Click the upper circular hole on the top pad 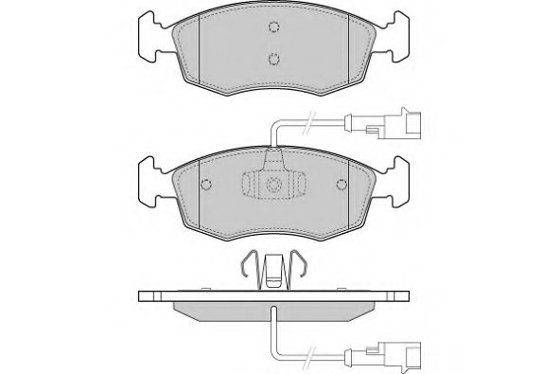(273, 27)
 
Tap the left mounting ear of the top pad (153, 38)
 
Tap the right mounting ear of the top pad (394, 38)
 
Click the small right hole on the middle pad (338, 184)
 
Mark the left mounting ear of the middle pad (153, 180)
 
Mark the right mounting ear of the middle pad (394, 180)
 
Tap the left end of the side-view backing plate (144, 295)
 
